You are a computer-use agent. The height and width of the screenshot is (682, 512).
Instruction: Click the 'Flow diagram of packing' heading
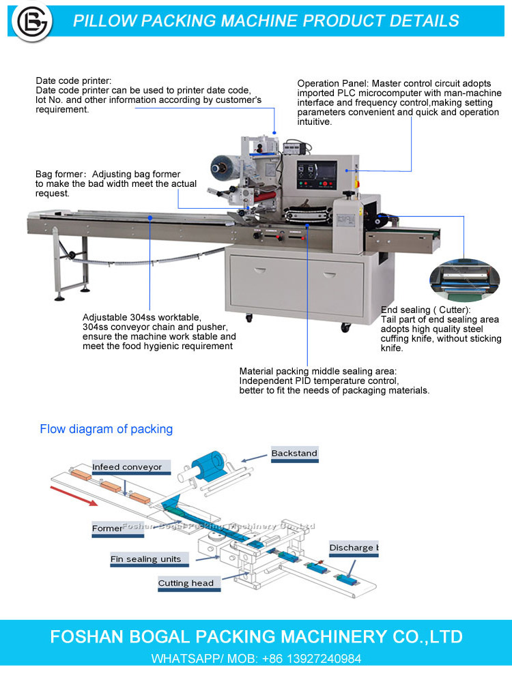(106, 429)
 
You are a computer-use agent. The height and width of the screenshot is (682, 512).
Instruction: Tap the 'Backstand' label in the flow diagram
(294, 454)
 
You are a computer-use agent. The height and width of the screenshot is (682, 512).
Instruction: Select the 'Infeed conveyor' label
(127, 467)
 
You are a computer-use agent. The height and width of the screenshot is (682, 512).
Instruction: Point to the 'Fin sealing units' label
(145, 559)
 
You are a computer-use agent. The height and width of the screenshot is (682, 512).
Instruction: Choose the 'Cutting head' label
(186, 583)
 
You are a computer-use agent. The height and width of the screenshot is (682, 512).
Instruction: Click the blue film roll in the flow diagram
(210, 464)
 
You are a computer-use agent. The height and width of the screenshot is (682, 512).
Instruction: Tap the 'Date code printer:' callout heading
(73, 81)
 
